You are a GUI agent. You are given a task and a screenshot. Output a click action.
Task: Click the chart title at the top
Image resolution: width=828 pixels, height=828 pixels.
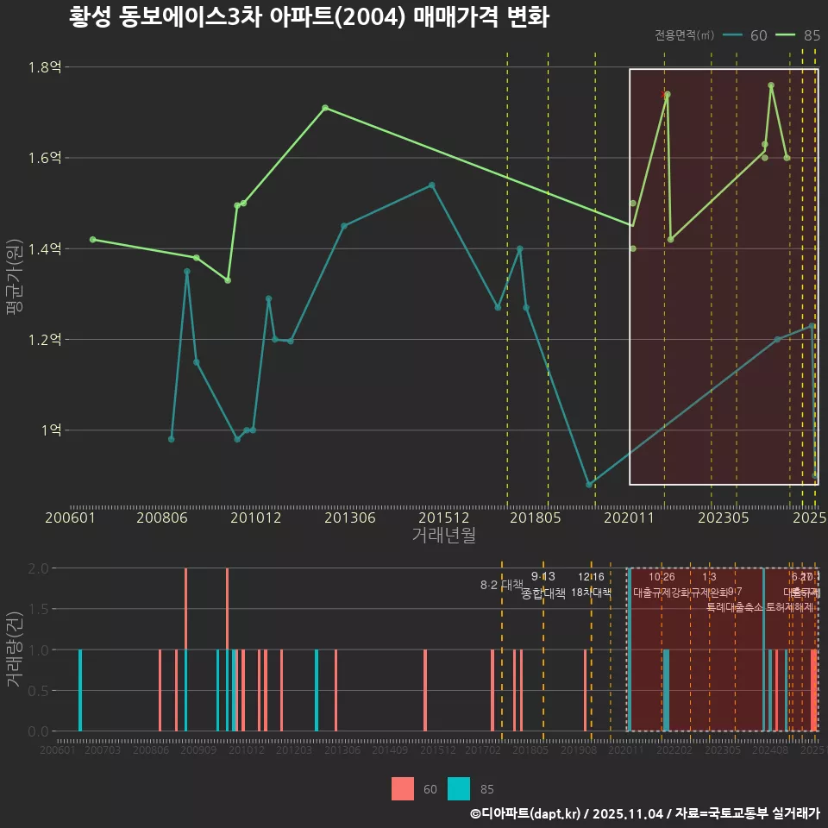click(309, 17)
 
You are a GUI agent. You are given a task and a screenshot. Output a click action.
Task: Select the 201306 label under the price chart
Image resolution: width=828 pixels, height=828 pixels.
click(349, 518)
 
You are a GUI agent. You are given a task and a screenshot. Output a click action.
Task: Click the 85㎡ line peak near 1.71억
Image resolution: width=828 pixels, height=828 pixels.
click(325, 108)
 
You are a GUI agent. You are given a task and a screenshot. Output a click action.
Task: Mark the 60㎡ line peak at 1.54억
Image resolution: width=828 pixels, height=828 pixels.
click(431, 185)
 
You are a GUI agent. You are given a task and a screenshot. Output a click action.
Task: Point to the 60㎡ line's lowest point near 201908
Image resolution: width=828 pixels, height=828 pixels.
click(589, 485)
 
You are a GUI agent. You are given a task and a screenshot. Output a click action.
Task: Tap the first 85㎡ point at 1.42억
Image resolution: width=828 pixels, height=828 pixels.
click(92, 239)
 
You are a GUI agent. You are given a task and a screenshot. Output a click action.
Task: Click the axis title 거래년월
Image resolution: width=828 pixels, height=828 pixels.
click(443, 536)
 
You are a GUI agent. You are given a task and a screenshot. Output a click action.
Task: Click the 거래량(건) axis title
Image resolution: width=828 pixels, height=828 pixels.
click(15, 649)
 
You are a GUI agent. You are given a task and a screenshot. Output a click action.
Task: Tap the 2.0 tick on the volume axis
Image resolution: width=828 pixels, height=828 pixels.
click(38, 568)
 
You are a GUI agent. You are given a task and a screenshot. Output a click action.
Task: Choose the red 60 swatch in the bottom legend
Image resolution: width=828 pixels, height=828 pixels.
click(402, 788)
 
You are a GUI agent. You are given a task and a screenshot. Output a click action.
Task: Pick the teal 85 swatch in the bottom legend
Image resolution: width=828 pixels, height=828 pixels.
click(460, 788)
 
